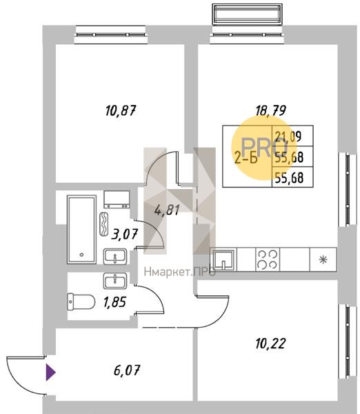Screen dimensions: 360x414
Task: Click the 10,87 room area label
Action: point(121,110)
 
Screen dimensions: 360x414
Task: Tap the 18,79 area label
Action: point(271,110)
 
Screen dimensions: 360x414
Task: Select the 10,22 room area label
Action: point(270,344)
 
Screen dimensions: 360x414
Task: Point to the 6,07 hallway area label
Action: point(127,370)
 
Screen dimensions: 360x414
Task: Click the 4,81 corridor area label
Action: point(167,210)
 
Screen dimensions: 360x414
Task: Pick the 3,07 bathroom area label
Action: point(125,234)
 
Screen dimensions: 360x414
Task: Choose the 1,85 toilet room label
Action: point(114,302)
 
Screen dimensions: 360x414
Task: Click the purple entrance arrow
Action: point(50,373)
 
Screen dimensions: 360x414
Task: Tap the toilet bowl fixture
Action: point(81,302)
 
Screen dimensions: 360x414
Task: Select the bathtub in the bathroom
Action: point(81,229)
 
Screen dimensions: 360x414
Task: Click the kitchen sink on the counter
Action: point(224,260)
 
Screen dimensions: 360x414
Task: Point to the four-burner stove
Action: point(268,259)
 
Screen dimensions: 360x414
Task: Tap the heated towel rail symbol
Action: point(103,224)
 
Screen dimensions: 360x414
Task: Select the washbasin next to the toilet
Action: point(115,280)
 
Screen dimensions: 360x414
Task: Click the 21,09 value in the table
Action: point(288,137)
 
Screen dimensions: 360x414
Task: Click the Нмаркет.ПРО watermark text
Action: point(180,272)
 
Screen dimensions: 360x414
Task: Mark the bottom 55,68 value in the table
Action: point(289,178)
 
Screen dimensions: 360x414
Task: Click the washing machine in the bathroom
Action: point(117,199)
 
